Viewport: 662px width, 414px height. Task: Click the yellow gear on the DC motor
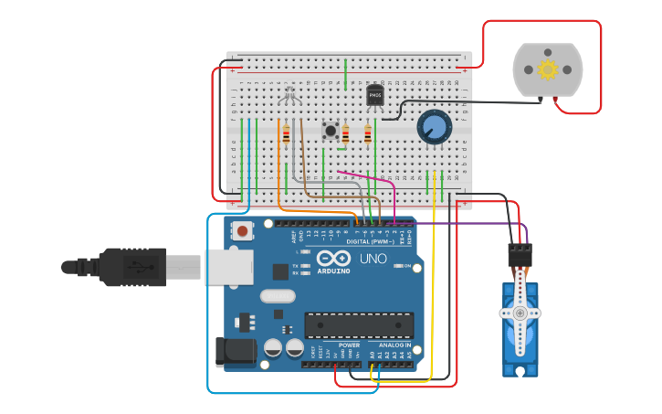click(547, 69)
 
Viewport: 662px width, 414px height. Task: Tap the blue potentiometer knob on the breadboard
click(435, 127)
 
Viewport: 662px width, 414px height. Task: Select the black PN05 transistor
click(375, 95)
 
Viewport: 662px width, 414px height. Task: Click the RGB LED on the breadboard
click(289, 94)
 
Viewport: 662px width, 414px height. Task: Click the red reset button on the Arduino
click(242, 231)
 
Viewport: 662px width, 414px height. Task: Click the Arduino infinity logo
click(333, 259)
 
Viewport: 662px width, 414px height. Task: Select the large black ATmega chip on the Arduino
click(359, 324)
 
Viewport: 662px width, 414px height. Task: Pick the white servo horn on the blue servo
click(520, 311)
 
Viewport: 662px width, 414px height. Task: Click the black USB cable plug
click(128, 267)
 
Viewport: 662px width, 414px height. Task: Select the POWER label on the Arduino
click(350, 345)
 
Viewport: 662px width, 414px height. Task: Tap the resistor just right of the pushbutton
click(345, 134)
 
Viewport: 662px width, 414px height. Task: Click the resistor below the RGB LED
click(286, 134)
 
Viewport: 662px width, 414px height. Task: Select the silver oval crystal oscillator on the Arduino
click(278, 295)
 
